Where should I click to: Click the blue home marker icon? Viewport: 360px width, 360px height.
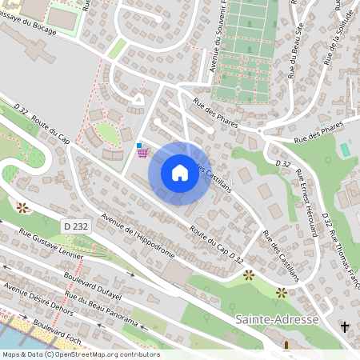[x=179, y=172]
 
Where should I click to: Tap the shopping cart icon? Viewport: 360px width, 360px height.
[x=142, y=150]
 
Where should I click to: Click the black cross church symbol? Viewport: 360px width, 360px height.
[x=346, y=326]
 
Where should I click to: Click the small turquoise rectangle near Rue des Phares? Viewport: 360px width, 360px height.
[x=345, y=150]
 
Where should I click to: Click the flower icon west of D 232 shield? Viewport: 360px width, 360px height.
[x=22, y=207]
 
